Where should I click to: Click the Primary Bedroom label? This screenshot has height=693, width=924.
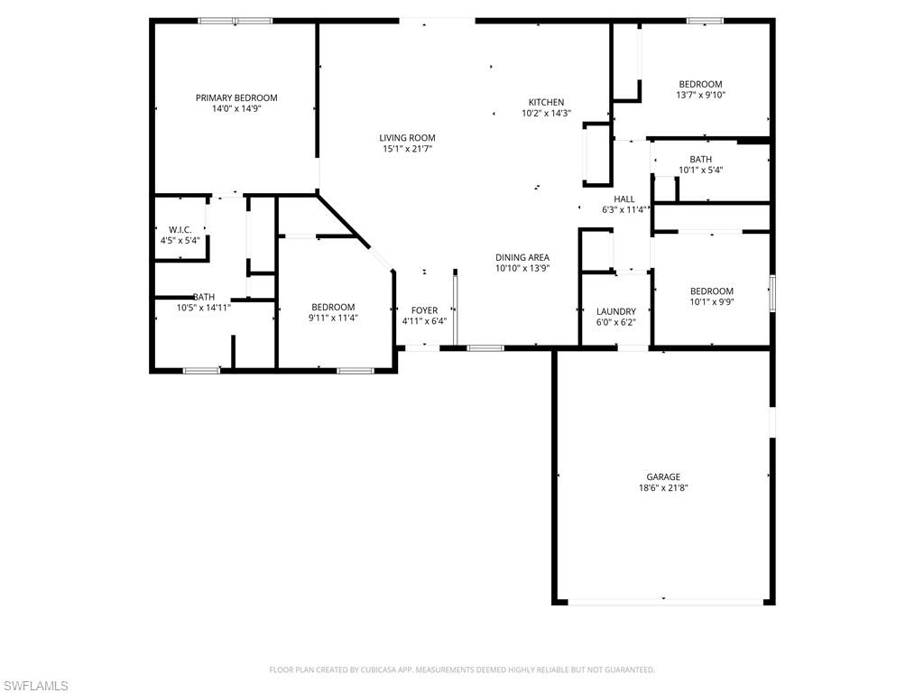(x=236, y=97)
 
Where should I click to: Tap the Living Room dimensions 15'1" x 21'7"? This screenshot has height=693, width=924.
(x=407, y=149)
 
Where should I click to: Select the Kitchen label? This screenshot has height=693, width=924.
(x=546, y=102)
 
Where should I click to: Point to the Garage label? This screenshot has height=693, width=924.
(x=662, y=476)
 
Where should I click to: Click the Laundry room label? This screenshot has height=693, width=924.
(x=615, y=311)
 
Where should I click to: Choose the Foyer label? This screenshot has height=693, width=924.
(x=424, y=310)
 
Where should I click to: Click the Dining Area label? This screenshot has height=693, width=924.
(x=522, y=257)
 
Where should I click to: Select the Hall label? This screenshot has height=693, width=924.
(x=624, y=199)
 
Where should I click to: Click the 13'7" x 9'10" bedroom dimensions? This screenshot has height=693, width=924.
(x=700, y=95)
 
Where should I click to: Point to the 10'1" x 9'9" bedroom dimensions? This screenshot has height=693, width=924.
(x=711, y=301)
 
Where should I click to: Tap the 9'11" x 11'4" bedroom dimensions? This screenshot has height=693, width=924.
(x=333, y=318)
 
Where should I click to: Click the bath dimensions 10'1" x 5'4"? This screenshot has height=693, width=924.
(x=700, y=170)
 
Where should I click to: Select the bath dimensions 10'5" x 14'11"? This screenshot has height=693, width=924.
(x=203, y=308)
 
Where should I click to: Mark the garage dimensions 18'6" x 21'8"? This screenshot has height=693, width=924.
(x=662, y=487)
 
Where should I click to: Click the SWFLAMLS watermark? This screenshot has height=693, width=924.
(x=35, y=686)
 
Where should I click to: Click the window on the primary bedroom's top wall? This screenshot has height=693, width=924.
(x=236, y=21)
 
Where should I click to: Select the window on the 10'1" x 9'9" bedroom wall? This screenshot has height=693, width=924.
(x=772, y=294)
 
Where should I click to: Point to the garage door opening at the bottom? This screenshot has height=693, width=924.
(x=663, y=602)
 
